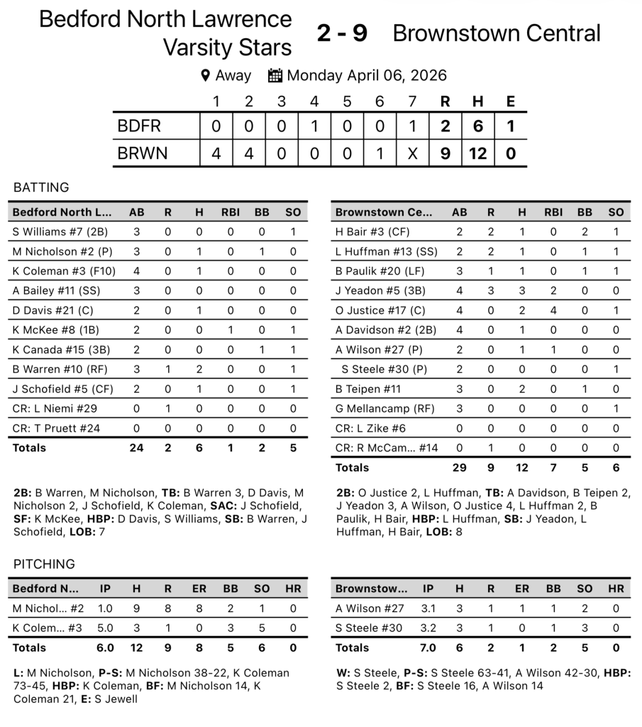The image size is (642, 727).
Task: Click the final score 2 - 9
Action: [x=342, y=33]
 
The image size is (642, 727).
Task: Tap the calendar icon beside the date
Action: [x=275, y=75]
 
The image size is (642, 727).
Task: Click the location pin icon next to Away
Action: [x=206, y=75]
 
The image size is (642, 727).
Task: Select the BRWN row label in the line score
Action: [x=143, y=153]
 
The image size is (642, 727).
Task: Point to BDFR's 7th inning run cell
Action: [x=412, y=126]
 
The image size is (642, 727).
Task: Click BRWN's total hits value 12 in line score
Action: [x=477, y=153]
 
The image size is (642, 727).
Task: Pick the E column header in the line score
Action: [x=510, y=101]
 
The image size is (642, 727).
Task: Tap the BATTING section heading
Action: [x=41, y=187]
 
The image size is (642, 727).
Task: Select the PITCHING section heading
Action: [x=44, y=564]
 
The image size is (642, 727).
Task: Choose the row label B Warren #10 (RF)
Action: [x=52, y=368]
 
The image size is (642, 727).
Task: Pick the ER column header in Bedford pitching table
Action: [x=199, y=589]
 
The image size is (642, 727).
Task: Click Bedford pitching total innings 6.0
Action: [x=106, y=647]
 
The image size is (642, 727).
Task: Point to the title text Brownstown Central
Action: [x=496, y=33]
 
